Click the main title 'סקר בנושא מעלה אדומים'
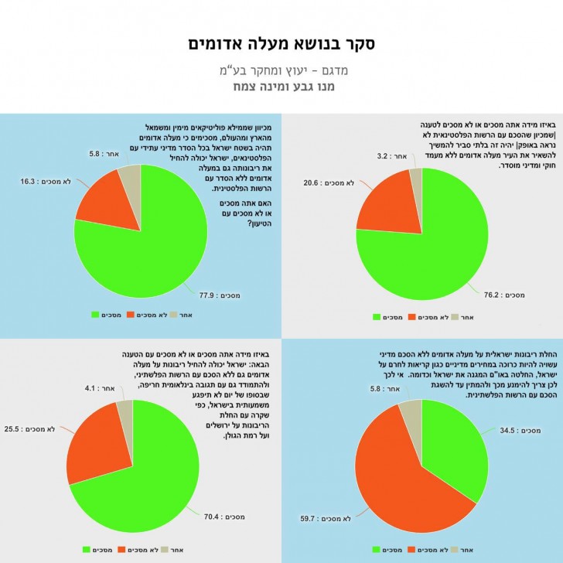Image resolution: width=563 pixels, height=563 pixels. pyautogui.click(x=281, y=43)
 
